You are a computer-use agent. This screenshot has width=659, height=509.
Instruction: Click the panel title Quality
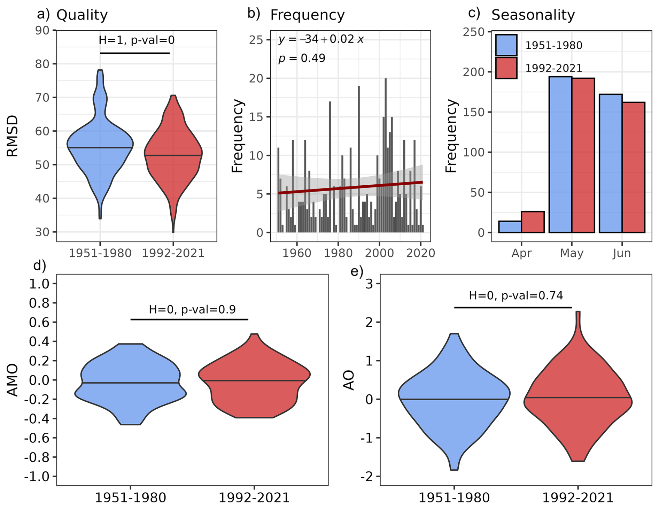point(82,15)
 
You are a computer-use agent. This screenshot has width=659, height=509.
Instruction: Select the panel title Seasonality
point(533,15)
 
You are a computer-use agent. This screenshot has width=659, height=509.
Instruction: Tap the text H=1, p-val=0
point(137,40)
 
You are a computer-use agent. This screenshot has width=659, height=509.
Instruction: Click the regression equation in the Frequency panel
point(321,39)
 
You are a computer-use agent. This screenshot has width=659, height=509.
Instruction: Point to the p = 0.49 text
point(302,58)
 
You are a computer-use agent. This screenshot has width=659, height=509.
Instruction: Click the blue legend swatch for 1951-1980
point(506,45)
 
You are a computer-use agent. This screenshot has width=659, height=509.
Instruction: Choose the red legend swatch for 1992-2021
point(506,68)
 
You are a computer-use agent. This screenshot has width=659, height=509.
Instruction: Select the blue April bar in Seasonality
point(510,226)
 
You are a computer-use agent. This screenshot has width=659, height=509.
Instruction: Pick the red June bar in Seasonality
point(633,167)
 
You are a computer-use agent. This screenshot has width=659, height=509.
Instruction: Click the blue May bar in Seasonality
point(560,154)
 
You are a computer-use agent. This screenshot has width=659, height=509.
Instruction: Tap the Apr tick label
point(521,253)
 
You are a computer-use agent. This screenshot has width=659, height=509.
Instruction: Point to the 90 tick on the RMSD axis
point(42,30)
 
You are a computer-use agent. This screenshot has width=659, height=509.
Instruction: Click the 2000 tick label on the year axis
point(379,253)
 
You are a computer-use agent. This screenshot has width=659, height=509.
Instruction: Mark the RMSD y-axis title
point(13,137)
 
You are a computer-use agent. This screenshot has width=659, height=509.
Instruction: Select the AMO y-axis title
point(13,380)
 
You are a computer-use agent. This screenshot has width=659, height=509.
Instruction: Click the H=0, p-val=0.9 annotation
point(192,309)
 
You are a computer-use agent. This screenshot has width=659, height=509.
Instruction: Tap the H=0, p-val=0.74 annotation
point(515,296)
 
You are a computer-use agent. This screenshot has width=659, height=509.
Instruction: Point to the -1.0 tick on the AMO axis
point(37,476)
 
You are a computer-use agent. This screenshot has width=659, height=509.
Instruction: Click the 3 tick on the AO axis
point(369,284)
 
